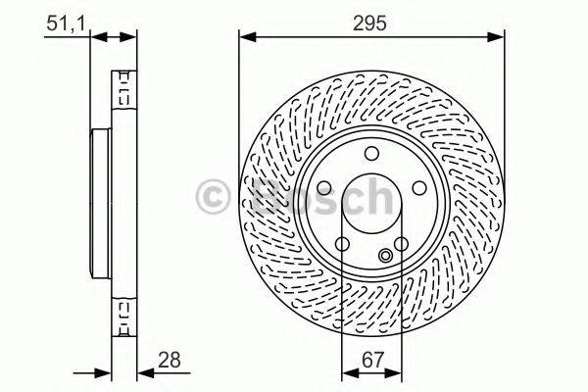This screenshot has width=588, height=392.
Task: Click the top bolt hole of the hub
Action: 371,153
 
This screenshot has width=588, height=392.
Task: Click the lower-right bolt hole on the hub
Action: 403,245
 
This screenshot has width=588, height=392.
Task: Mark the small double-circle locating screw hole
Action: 386,257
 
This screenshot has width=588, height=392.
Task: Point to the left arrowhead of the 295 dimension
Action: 246,38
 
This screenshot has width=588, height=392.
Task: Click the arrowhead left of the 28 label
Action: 142,371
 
